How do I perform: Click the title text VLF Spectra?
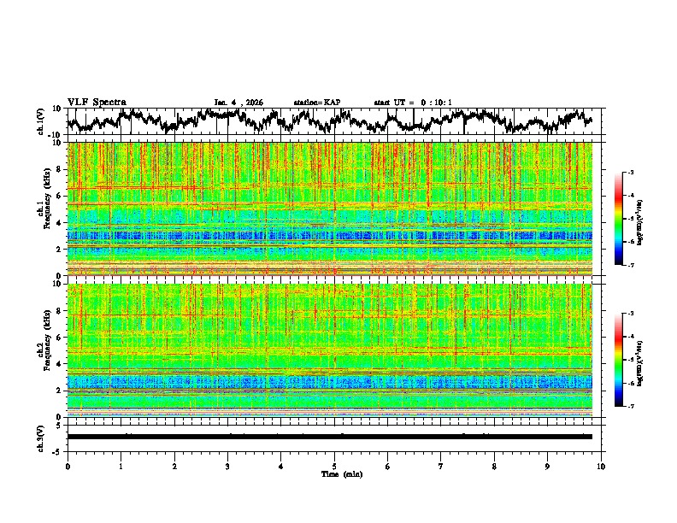[97, 103]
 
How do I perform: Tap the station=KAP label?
[316, 103]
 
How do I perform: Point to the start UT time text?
[413, 103]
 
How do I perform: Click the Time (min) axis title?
[334, 473]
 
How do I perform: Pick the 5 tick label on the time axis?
[334, 466]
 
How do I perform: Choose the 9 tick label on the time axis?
[548, 466]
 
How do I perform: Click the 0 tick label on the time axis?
[68, 466]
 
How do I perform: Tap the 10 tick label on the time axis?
[601, 466]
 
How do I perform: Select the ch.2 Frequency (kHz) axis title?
[43, 350]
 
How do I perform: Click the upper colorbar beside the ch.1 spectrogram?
[627, 218]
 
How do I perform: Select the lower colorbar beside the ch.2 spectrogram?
[627, 360]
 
